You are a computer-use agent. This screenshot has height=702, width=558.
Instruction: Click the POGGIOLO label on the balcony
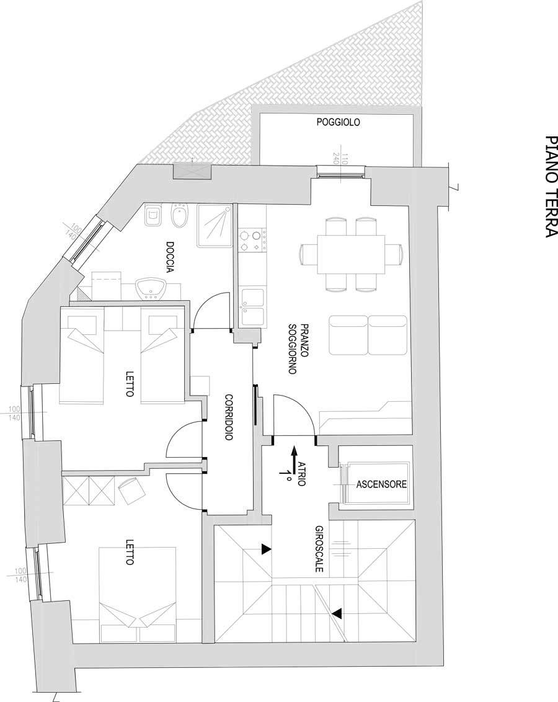[x=338, y=122]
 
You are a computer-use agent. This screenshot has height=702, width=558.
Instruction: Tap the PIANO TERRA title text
[x=551, y=187]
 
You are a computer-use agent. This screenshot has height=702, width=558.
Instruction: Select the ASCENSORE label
[x=381, y=484]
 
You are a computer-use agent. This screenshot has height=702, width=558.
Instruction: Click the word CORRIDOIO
[x=229, y=417]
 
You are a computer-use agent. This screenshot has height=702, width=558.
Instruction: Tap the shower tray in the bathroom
[x=215, y=226]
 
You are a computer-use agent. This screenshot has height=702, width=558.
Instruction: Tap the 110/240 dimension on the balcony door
[x=345, y=159]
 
